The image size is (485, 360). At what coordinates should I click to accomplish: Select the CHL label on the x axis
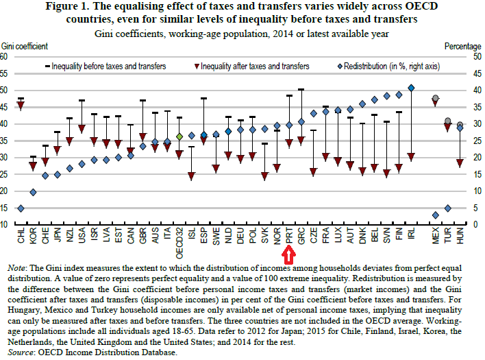point(21,237)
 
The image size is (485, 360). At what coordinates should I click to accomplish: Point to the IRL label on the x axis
point(411,237)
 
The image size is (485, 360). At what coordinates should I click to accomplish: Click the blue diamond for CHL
point(21,208)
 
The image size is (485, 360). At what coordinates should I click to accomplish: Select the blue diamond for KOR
point(33,192)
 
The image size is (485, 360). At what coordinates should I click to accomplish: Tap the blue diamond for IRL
point(411,88)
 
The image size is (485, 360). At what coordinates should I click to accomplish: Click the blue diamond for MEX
point(436,215)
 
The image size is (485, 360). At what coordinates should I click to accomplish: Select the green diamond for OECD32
point(179,136)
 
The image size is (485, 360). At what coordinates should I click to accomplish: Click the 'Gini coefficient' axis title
point(25,46)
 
